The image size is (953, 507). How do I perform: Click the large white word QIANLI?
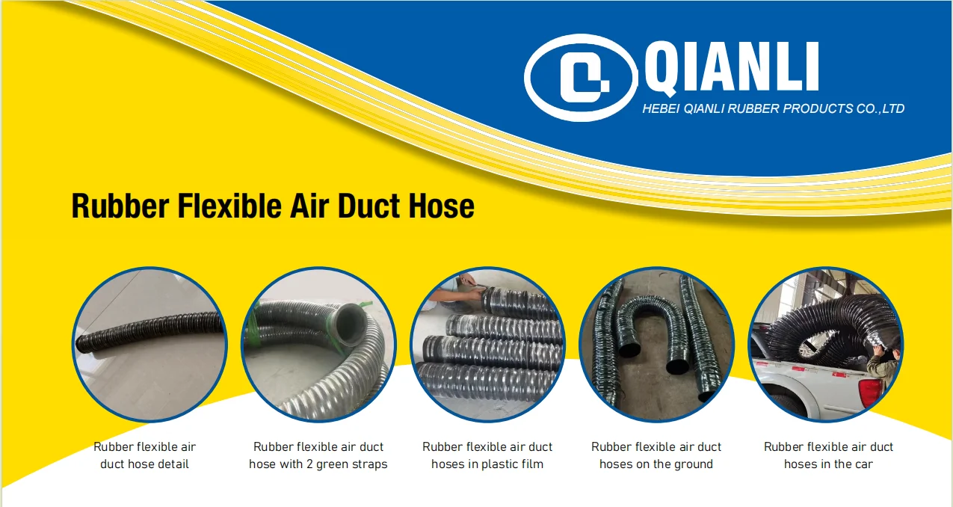(x=731, y=68)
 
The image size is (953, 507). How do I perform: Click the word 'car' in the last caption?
(x=863, y=464)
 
